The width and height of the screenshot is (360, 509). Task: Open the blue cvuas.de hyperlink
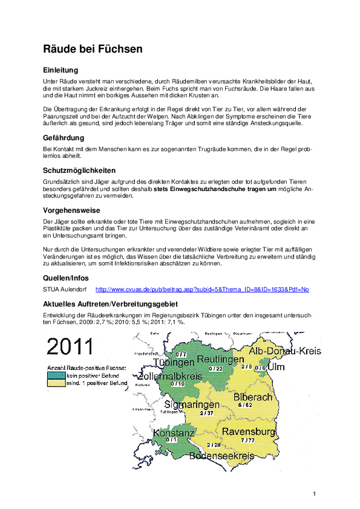pos(202,290)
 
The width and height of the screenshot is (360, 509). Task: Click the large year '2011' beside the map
pos(70,346)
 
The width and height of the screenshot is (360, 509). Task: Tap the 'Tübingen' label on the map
pos(174,363)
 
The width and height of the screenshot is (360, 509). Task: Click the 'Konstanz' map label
pos(174,433)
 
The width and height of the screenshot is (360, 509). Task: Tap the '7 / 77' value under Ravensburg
pos(249,440)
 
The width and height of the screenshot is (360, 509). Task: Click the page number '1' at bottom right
pos(315,494)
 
